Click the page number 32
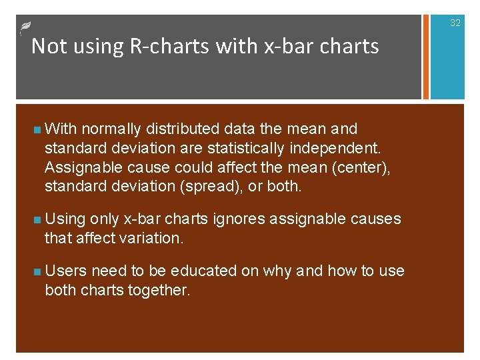(x=455, y=23)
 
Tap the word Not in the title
(x=46, y=46)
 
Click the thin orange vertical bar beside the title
(x=421, y=57)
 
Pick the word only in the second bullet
(x=104, y=219)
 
